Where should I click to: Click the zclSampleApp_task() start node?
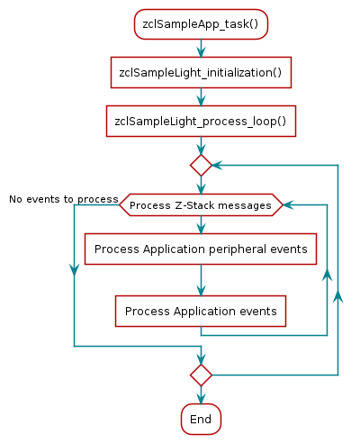(x=201, y=23)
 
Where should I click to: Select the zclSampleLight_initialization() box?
(x=201, y=72)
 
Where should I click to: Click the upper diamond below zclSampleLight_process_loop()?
(x=201, y=165)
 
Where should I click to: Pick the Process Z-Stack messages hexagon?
(x=201, y=205)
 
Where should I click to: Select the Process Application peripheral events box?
(x=201, y=249)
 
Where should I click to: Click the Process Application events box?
(x=201, y=312)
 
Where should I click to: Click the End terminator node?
(x=201, y=419)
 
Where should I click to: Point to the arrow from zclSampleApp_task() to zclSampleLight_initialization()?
(x=201, y=49)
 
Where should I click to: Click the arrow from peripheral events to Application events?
(x=201, y=282)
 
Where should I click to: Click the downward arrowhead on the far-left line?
(x=73, y=271)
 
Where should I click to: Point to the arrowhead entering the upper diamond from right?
(x=219, y=165)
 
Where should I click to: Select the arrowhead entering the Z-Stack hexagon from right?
(x=289, y=205)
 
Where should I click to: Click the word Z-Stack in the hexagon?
(x=184, y=205)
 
